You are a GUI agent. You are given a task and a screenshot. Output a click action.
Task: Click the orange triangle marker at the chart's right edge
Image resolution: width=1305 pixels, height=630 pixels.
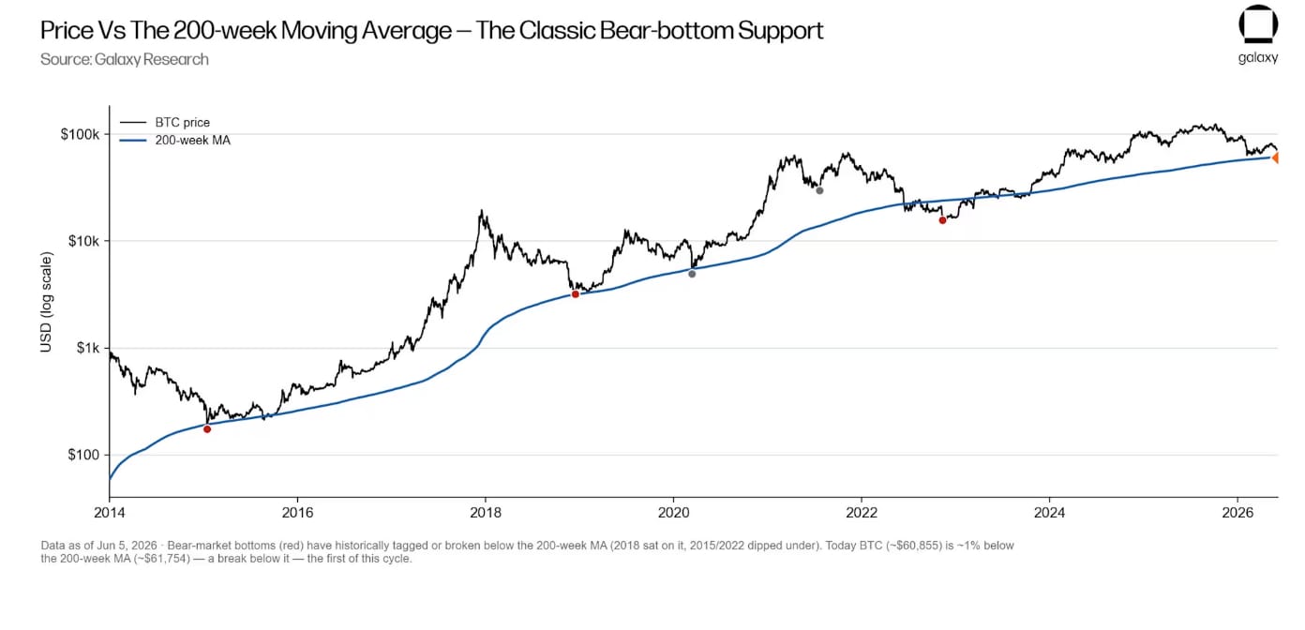tap(1275, 157)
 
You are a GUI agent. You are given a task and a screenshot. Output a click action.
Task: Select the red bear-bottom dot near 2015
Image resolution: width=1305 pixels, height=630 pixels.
tap(207, 429)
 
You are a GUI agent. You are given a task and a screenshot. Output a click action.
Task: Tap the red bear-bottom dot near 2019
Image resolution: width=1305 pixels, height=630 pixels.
tap(576, 295)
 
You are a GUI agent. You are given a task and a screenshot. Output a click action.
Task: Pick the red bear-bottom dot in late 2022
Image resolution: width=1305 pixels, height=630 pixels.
tap(942, 220)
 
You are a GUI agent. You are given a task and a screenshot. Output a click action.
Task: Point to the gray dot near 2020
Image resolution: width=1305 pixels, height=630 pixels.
tap(692, 274)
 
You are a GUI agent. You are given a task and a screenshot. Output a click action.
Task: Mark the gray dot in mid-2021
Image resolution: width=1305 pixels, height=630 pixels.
tap(819, 190)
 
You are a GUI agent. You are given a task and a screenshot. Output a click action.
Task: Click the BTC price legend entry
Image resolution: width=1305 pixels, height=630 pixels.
tap(165, 123)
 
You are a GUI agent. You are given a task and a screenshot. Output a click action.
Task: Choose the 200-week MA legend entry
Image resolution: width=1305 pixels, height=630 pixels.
tap(174, 141)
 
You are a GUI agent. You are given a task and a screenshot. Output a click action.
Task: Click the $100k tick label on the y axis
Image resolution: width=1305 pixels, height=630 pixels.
tap(80, 135)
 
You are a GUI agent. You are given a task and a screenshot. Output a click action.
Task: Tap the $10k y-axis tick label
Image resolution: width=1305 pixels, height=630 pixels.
tap(83, 241)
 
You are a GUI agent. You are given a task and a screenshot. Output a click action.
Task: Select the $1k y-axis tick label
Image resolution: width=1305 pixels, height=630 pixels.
tap(87, 349)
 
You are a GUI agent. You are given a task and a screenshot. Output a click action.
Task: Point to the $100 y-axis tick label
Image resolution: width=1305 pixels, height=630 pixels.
tap(83, 456)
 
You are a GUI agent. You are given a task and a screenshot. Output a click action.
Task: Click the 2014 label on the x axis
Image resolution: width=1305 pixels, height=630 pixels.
tap(110, 513)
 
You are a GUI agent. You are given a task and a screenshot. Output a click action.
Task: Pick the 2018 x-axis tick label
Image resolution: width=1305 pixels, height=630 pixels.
tap(486, 513)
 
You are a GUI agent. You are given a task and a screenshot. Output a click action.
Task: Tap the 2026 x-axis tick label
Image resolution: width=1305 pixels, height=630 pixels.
tap(1237, 513)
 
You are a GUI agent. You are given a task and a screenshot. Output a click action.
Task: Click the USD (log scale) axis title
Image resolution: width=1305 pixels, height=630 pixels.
tap(46, 302)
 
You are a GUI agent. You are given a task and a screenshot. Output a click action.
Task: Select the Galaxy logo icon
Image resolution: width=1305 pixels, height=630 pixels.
tap(1258, 23)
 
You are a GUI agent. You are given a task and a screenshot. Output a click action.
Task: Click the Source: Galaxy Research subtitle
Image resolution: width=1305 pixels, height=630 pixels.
tap(125, 59)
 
